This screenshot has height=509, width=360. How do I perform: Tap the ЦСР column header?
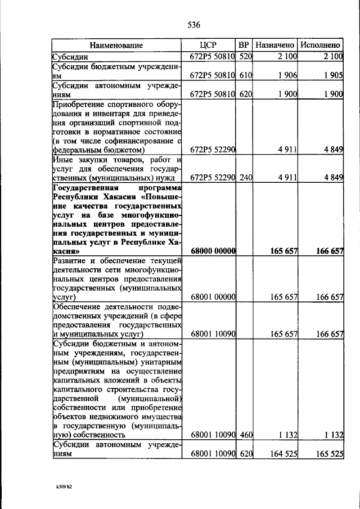point(208,45)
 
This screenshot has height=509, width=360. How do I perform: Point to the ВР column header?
point(244,45)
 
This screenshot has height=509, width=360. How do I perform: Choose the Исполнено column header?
point(320,45)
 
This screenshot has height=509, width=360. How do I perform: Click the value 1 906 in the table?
point(287,75)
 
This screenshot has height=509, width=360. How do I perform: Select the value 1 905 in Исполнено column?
point(332,75)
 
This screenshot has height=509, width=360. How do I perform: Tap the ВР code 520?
point(244,56)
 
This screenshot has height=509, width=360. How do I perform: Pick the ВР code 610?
point(244,75)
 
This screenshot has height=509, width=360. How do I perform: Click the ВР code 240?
point(244,178)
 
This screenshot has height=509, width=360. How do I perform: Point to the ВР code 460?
point(244,434)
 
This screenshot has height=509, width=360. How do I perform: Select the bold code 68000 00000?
point(213,251)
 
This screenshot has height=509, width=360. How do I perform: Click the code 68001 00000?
point(213,296)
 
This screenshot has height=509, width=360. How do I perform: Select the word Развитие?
point(70,260)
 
